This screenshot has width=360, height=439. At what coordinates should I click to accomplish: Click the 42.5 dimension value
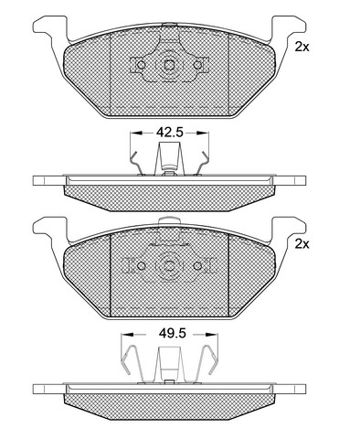(169, 133)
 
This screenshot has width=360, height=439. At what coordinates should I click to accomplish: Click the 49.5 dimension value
(172, 334)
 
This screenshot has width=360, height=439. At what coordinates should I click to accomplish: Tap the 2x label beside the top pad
(302, 48)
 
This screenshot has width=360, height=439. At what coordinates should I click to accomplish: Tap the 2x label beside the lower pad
(302, 244)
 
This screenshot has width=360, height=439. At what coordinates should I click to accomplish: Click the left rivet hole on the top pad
(141, 65)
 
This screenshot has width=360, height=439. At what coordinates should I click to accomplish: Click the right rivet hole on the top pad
(197, 65)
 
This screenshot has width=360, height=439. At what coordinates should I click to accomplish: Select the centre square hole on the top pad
(169, 65)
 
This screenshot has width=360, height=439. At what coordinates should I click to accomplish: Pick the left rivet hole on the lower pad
(141, 266)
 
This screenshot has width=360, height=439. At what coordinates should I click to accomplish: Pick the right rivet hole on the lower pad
(197, 266)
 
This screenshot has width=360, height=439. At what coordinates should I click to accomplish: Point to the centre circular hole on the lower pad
(169, 266)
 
